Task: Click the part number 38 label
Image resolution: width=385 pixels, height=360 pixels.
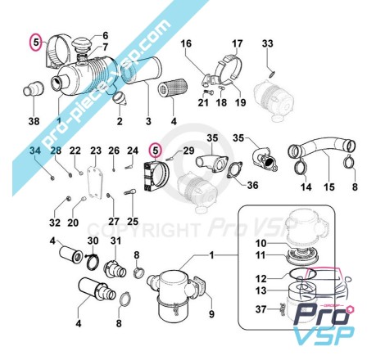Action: (x=34, y=121)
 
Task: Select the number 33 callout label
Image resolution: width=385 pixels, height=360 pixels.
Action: (x=268, y=43)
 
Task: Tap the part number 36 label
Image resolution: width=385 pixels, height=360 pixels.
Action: (x=252, y=185)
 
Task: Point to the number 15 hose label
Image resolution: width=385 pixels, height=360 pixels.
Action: (x=329, y=187)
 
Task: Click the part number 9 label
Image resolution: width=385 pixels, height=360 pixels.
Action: (x=211, y=314)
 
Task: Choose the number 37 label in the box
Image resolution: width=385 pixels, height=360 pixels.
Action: (x=260, y=309)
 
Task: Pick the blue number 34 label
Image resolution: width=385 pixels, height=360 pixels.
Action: (x=35, y=151)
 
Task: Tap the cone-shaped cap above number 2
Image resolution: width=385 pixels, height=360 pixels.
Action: (x=120, y=99)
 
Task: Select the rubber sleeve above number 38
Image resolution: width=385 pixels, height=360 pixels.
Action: (x=33, y=89)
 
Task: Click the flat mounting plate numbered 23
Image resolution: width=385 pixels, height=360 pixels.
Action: (x=94, y=182)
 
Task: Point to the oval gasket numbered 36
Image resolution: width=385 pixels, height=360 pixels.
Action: (x=235, y=170)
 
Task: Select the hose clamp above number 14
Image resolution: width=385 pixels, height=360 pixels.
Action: (x=301, y=166)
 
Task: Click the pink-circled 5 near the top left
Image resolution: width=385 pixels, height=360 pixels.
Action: (x=36, y=43)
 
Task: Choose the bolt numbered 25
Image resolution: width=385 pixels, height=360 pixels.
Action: (x=130, y=192)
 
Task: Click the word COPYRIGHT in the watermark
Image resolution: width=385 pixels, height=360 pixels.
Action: (x=143, y=230)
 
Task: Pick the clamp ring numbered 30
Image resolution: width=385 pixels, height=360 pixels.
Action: (x=93, y=261)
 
